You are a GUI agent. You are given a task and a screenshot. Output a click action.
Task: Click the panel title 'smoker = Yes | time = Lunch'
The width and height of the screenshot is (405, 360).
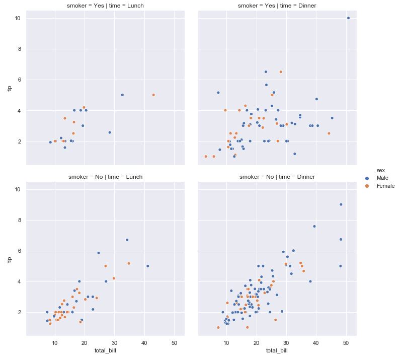tap(105, 6)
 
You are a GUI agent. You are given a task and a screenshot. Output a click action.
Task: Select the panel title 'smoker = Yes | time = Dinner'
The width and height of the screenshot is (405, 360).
tap(277, 6)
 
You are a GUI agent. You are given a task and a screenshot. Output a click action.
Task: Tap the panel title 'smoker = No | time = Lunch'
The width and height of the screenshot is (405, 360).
tap(105, 177)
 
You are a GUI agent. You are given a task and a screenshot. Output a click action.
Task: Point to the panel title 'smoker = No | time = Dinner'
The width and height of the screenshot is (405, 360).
tap(277, 177)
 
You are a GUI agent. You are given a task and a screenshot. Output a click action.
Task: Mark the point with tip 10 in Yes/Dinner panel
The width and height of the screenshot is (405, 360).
tap(348, 18)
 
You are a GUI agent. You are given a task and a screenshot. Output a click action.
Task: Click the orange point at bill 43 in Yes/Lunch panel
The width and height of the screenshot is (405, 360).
tap(153, 95)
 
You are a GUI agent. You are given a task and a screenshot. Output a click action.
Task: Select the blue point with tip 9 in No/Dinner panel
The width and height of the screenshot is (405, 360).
tap(341, 204)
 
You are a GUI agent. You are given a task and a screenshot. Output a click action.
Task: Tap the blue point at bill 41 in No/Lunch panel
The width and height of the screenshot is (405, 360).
tap(148, 266)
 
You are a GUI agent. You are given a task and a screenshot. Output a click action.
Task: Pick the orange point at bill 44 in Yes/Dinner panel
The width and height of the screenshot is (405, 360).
tap(329, 133)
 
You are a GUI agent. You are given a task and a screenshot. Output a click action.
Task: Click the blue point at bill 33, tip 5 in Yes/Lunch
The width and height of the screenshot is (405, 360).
tap(122, 95)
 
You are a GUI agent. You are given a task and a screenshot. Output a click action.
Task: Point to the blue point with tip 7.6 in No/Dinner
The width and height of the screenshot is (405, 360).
tap(314, 226)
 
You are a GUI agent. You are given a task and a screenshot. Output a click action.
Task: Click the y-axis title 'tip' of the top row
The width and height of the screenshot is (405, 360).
tap(9, 88)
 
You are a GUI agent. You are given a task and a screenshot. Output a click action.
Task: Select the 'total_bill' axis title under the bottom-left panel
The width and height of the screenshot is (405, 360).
tap(105, 350)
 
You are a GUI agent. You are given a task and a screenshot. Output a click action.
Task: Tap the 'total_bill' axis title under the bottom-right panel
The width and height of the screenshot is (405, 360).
tap(277, 350)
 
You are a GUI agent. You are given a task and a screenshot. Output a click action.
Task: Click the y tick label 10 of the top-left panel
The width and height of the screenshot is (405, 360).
tap(17, 18)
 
